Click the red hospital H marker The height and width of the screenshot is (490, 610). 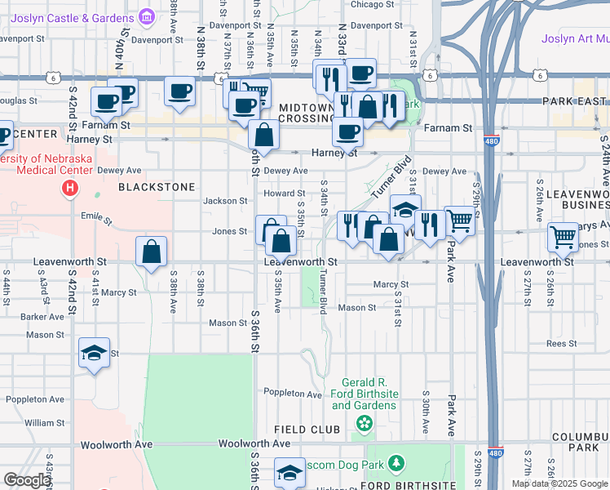(70, 189)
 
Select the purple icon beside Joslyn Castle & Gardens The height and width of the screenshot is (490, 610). (147, 16)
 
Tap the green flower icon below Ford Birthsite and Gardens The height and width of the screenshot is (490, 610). (364, 423)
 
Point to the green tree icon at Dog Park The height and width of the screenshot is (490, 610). (396, 464)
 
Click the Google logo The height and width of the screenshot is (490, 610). (26, 480)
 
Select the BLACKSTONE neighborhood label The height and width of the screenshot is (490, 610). (157, 187)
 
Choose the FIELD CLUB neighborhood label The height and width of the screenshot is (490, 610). (307, 430)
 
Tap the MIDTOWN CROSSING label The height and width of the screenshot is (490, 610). (307, 113)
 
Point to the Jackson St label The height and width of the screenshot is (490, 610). (225, 201)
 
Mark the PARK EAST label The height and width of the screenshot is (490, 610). (575, 101)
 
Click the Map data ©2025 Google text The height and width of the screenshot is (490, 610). (560, 483)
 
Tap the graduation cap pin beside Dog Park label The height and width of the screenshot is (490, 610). (290, 473)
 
